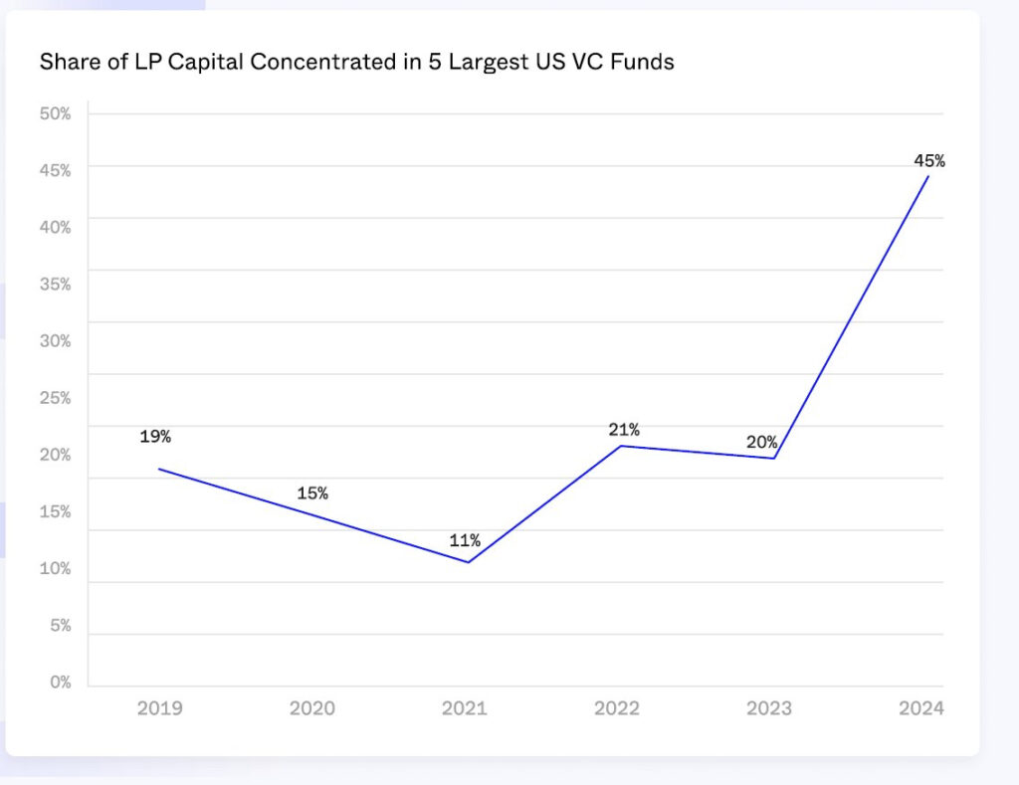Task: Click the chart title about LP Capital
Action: [x=356, y=62]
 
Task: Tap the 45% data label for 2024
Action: [x=928, y=160]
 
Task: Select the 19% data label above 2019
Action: [x=155, y=436]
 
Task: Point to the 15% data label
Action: [x=311, y=492]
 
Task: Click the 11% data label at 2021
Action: [x=464, y=540]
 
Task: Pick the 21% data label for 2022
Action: [x=624, y=430]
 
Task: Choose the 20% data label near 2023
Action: [x=761, y=442]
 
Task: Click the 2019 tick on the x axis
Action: [x=159, y=708]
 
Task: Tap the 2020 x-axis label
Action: [x=311, y=708]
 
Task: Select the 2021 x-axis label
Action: [x=464, y=708]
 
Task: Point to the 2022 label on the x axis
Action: [x=617, y=708]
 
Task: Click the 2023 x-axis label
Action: [x=769, y=708]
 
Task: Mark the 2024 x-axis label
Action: [x=920, y=708]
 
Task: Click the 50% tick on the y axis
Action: [x=55, y=113]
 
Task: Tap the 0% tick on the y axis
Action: [x=61, y=683]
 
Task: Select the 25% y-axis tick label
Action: [x=55, y=398]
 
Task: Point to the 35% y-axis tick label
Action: [x=55, y=285]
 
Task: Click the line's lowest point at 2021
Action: [x=468, y=562]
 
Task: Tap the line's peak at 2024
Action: [x=928, y=176]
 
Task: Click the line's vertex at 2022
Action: [x=621, y=446]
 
